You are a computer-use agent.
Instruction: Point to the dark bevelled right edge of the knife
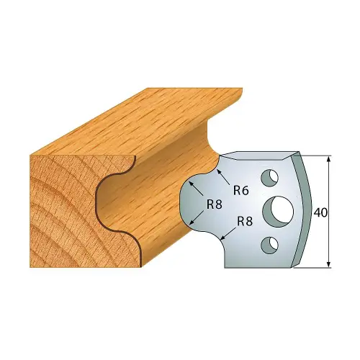[305, 209]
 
